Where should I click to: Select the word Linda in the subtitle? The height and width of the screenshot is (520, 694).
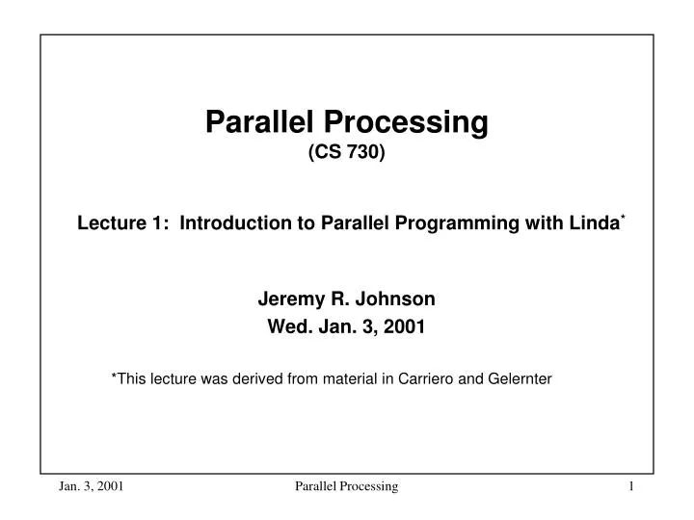point(593,223)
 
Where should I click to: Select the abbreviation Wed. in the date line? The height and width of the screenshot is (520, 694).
point(286,325)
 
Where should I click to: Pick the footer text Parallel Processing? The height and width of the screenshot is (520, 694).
point(346,487)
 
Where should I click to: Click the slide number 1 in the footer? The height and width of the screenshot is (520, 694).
point(630,487)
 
